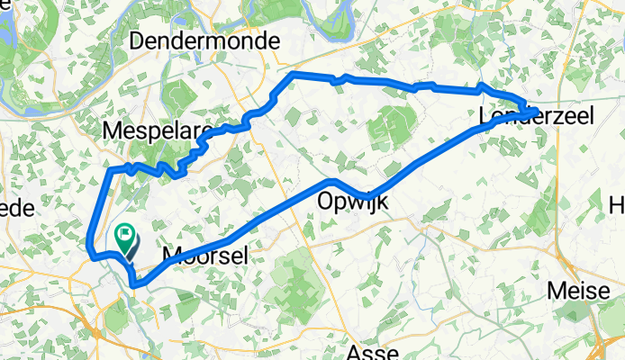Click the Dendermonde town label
[205, 40]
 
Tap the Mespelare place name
[158, 131]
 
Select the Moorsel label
[204, 257]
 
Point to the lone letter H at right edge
[617, 207]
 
